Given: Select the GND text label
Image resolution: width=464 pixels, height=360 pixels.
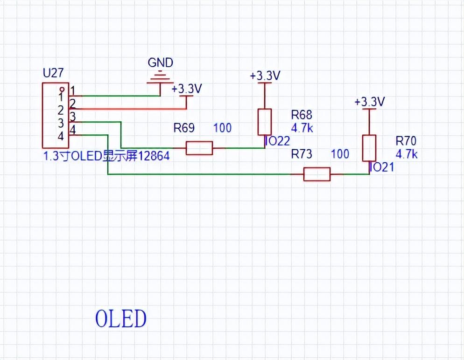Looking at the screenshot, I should pyautogui.click(x=160, y=62).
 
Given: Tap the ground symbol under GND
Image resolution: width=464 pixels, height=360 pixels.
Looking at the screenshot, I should pyautogui.click(x=160, y=78).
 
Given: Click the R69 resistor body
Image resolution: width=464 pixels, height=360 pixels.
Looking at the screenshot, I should pyautogui.click(x=199, y=148).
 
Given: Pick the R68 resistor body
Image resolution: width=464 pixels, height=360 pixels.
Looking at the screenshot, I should pyautogui.click(x=265, y=122).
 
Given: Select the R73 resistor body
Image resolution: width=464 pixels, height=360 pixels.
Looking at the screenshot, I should pyautogui.click(x=317, y=174).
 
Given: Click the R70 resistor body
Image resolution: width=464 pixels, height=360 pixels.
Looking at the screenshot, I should pyautogui.click(x=369, y=148).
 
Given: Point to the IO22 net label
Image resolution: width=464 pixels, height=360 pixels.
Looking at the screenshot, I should pyautogui.click(x=278, y=141).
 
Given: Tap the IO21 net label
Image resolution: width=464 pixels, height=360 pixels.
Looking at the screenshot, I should pyautogui.click(x=382, y=167).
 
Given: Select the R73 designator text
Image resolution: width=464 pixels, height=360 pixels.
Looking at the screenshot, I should pyautogui.click(x=302, y=154).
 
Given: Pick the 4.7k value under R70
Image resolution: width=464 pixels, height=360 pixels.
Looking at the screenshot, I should pyautogui.click(x=407, y=154).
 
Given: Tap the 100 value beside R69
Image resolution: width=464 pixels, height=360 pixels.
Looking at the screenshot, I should pyautogui.click(x=222, y=128).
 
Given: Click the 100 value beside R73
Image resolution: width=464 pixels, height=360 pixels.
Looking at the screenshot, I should pyautogui.click(x=340, y=154).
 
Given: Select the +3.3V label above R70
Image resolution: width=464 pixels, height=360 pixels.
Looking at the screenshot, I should pyautogui.click(x=369, y=102).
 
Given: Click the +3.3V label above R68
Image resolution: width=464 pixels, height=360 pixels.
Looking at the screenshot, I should pyautogui.click(x=265, y=76).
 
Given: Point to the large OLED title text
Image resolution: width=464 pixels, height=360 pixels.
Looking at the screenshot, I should pyautogui.click(x=121, y=318).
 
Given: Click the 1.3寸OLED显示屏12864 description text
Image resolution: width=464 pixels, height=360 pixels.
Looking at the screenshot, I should pyautogui.click(x=106, y=156).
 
